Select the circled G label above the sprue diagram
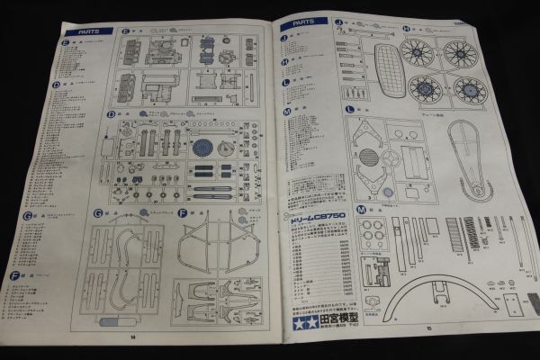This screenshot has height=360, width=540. pos(96,212)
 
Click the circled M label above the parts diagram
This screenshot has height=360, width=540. pos(361,209)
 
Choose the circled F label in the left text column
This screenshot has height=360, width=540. pos(14,274)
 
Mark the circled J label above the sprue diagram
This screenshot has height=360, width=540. pos(338,21)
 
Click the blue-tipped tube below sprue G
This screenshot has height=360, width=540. pos(115,320)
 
